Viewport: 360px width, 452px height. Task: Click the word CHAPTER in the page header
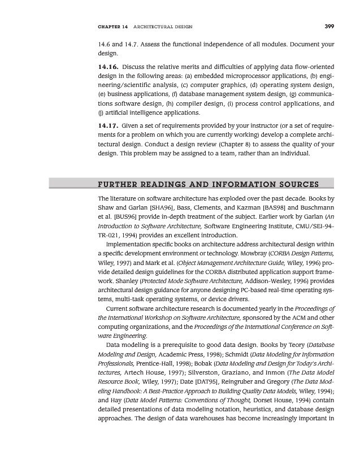(112, 26)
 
